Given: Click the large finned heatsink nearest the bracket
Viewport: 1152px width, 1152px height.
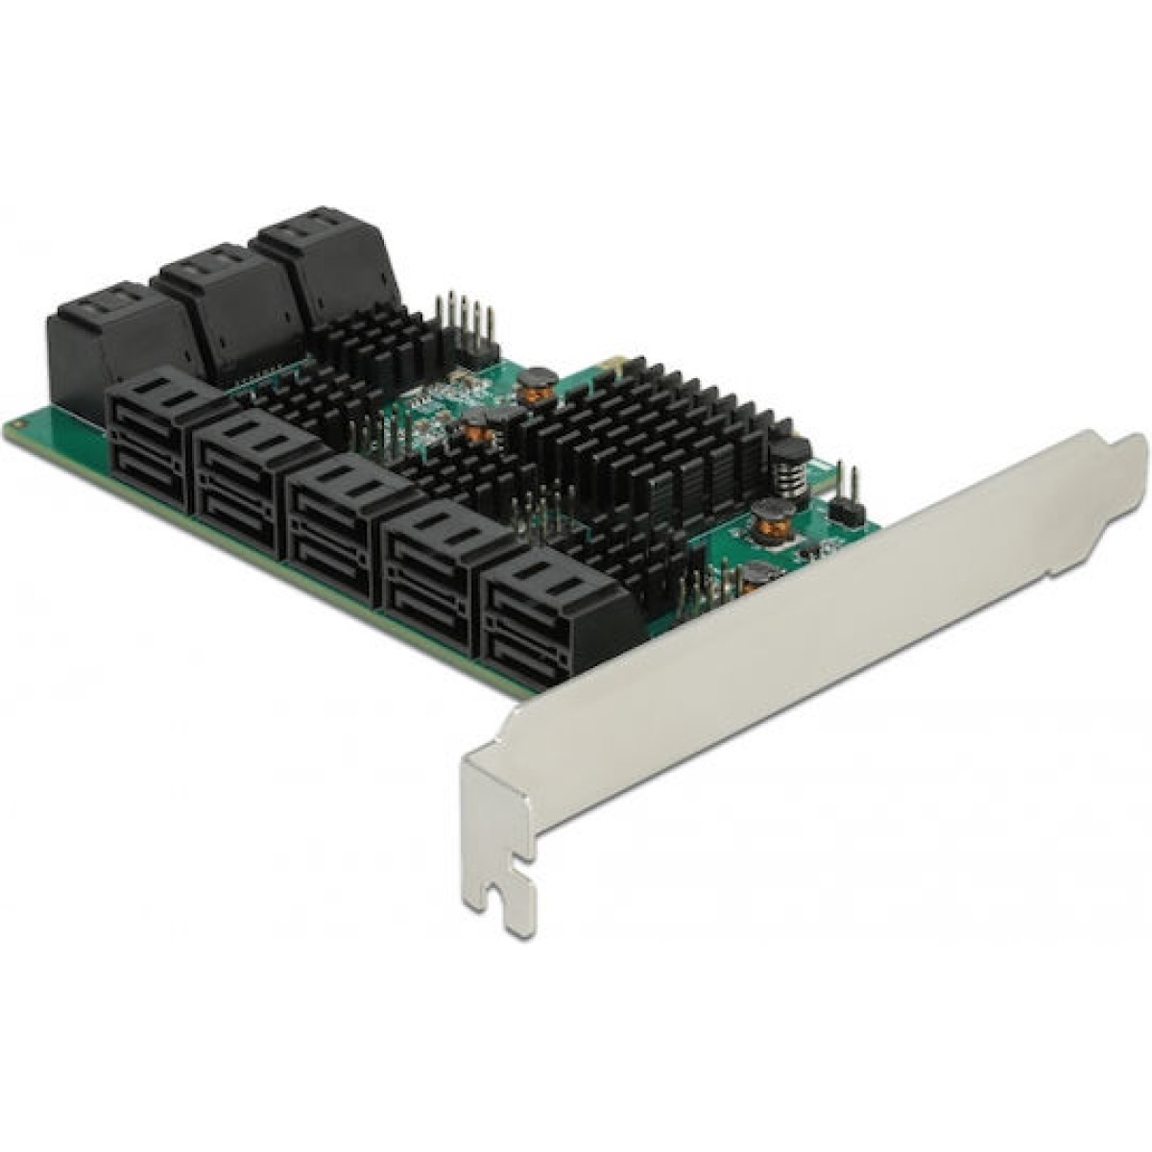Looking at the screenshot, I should (x=653, y=432).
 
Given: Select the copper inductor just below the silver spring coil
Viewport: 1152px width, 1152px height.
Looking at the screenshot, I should (x=767, y=518).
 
